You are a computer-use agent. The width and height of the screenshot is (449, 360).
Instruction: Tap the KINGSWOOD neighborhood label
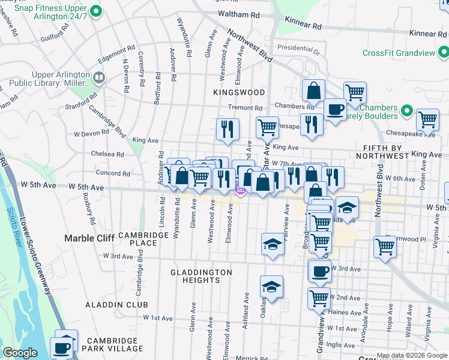pos(239,92)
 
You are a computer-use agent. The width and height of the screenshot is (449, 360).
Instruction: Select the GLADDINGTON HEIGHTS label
pos(201,277)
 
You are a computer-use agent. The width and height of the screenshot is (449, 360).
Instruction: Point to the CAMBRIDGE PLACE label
pos(143,239)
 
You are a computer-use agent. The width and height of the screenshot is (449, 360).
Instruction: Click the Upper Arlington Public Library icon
pos(99,77)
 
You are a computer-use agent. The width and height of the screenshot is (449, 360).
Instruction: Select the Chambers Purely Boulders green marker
pos(407,111)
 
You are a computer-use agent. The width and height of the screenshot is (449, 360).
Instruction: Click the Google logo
pos(20,353)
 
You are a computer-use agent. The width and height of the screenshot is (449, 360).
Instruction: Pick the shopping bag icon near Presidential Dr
pos(313,91)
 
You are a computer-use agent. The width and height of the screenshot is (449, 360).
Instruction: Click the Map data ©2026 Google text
pos(412,355)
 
